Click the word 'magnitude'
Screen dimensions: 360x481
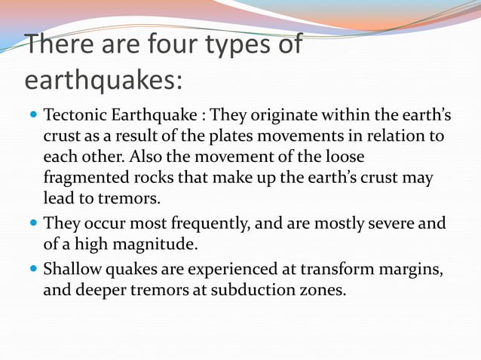coord(138,245)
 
